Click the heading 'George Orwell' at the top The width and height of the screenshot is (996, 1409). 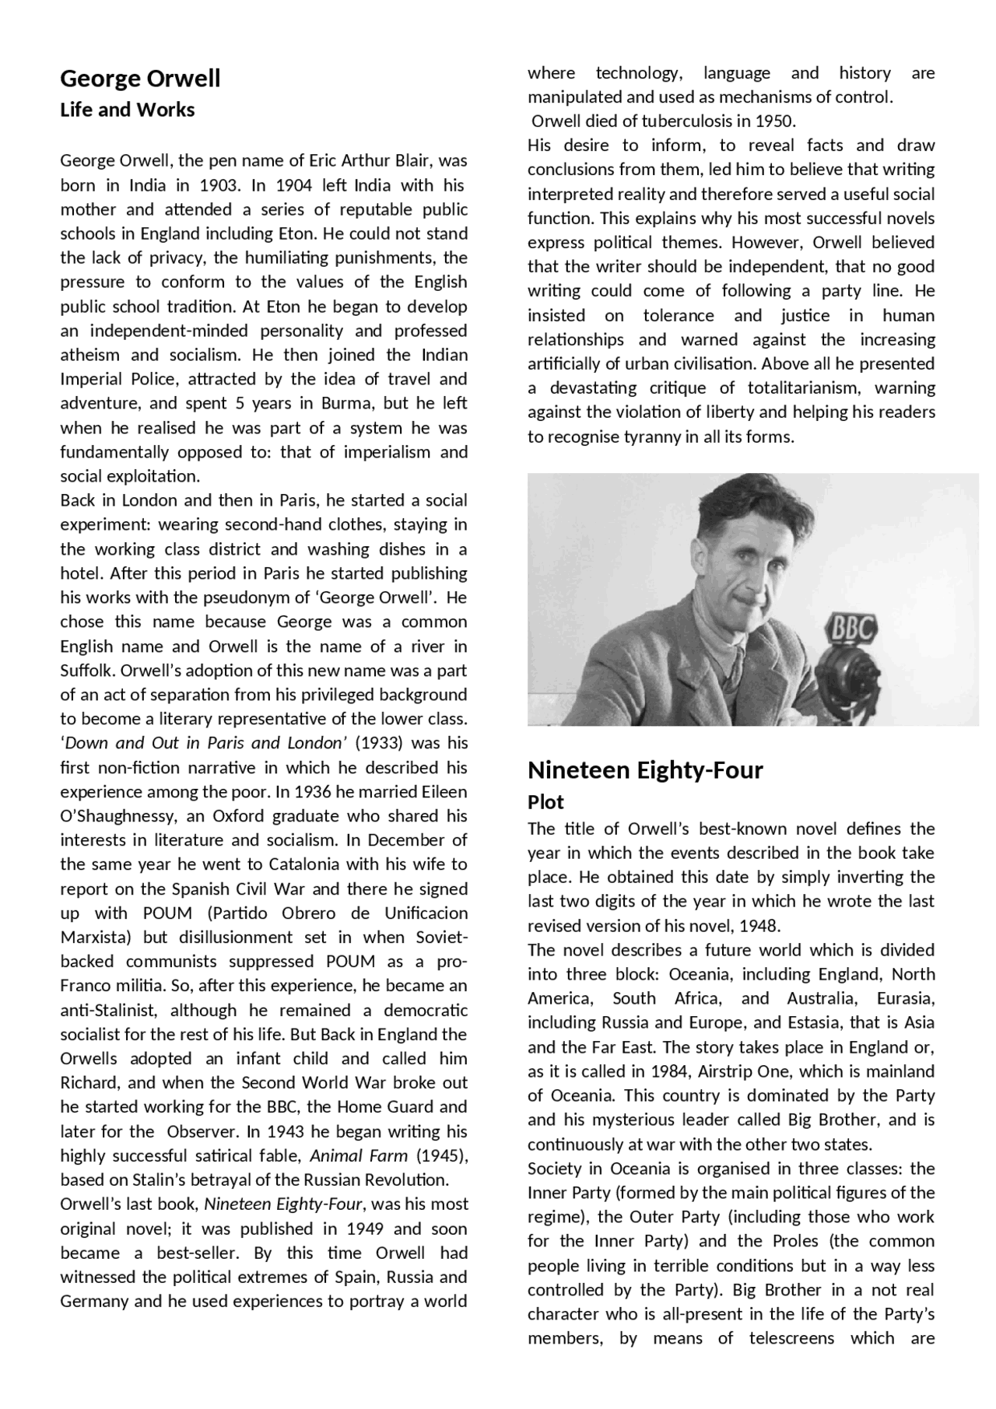coord(140,79)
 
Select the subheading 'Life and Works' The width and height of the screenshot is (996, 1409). coord(127,110)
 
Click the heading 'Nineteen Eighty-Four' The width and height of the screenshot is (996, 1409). coord(644,770)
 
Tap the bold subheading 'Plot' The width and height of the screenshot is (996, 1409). coord(545,801)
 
